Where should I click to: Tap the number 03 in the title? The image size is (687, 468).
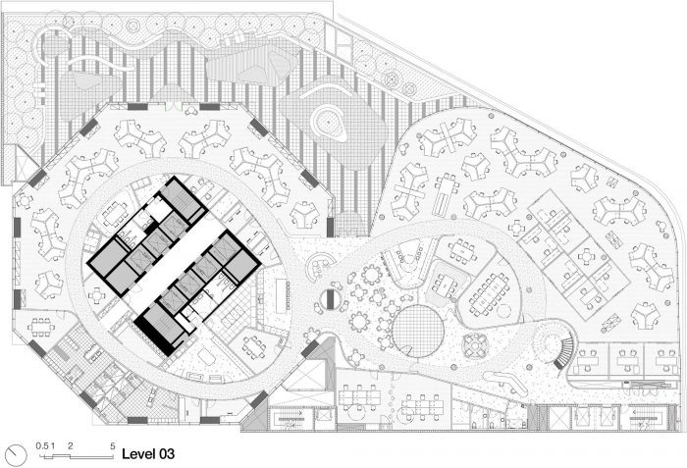click(166, 454)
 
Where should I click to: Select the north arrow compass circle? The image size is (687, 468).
click(17, 455)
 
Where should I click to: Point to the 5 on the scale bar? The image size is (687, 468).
click(113, 446)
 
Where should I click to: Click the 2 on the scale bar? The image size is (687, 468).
click(70, 446)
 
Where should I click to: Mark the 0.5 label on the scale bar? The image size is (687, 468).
click(42, 446)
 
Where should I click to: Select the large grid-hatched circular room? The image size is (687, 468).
click(418, 332)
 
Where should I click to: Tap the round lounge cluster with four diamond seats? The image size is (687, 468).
click(474, 344)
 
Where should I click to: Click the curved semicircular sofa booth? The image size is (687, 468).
click(320, 267)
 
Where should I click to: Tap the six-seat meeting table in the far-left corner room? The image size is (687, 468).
click(41, 327)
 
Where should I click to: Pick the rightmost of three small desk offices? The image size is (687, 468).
click(666, 362)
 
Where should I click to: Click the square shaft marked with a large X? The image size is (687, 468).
click(560, 418)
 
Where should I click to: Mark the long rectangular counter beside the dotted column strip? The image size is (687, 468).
click(281, 295)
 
